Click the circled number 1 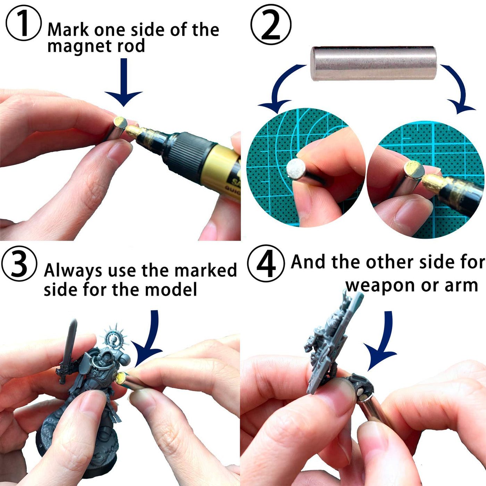[24, 23]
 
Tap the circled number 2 [271, 24]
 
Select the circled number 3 [19, 264]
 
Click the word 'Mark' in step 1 [68, 30]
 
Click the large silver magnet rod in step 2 [374, 63]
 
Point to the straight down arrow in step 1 [124, 82]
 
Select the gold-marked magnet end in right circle [414, 170]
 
